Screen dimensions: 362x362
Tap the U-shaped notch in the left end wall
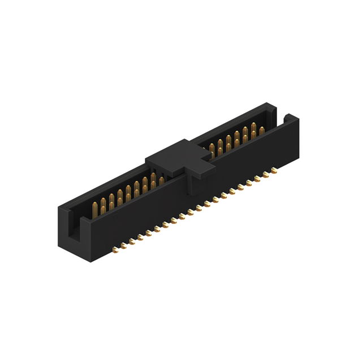(x=72, y=226)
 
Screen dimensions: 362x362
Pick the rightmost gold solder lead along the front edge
(x=274, y=169)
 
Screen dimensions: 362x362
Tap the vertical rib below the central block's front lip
(x=191, y=187)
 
